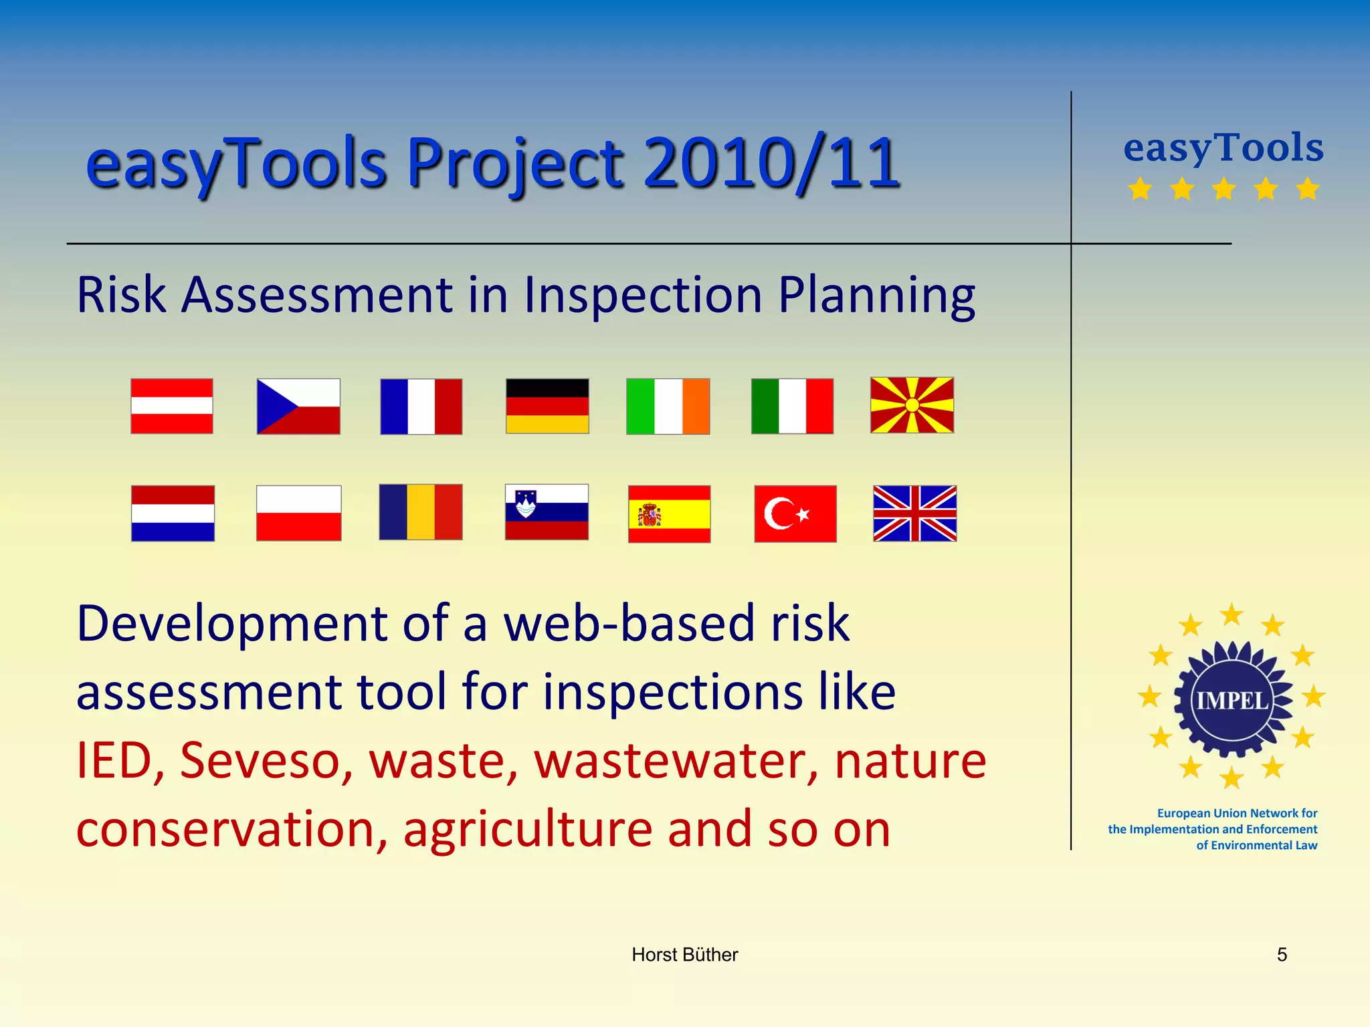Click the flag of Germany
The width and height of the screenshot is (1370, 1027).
click(547, 406)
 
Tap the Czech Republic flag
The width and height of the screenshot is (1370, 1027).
click(298, 406)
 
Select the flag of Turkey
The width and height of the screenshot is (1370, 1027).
click(795, 513)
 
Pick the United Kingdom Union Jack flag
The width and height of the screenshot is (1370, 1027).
click(914, 513)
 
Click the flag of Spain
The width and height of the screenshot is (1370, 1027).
click(669, 513)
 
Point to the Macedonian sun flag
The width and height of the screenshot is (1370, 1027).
click(912, 405)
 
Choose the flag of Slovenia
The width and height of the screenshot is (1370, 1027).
click(547, 512)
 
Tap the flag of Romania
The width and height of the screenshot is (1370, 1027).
click(421, 512)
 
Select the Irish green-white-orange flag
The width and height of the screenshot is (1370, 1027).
click(668, 406)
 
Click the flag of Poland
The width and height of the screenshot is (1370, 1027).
click(298, 513)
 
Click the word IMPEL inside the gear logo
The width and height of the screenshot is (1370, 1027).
click(1232, 701)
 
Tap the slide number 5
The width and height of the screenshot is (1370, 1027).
click(1282, 955)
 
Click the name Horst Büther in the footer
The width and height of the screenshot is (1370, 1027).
click(684, 955)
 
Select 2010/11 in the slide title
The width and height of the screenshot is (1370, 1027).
click(771, 162)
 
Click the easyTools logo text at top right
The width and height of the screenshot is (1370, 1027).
click(1223, 148)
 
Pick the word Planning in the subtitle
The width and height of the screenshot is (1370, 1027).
click(876, 295)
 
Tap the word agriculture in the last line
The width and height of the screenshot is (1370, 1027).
click(528, 829)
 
